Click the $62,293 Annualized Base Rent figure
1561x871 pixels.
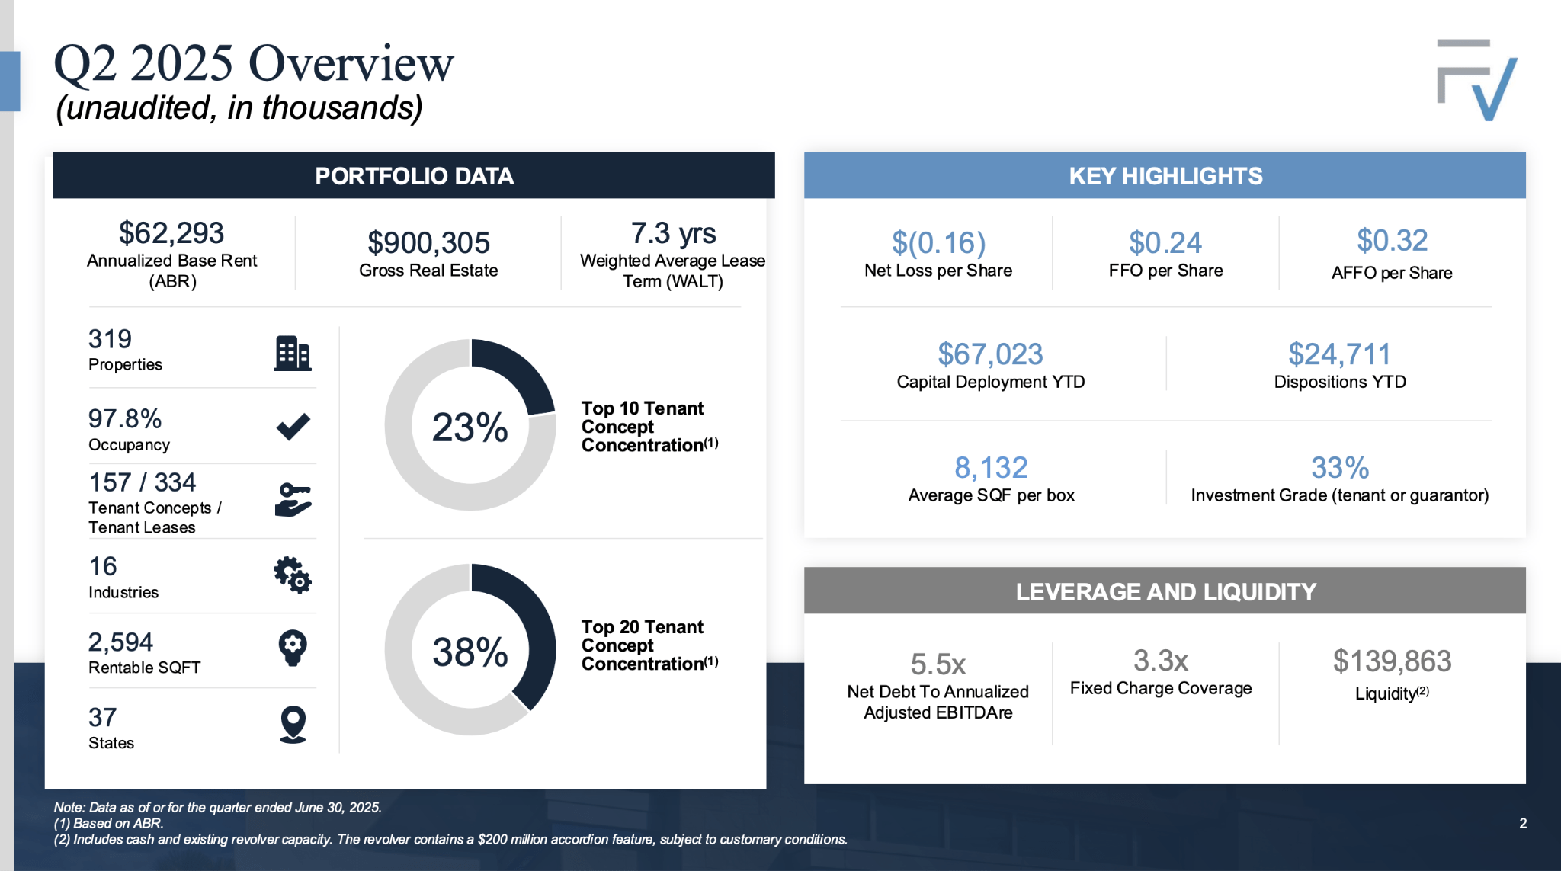click(x=171, y=233)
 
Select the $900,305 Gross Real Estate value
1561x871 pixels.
click(x=428, y=243)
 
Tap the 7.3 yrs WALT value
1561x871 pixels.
click(x=673, y=233)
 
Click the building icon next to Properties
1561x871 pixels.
click(x=293, y=354)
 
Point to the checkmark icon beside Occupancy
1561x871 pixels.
click(x=293, y=427)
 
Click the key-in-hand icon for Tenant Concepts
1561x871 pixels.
click(x=293, y=500)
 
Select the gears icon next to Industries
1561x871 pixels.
click(x=293, y=575)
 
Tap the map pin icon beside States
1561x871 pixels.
click(x=293, y=724)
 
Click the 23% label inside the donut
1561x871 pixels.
click(x=470, y=427)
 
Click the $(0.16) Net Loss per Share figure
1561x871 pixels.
click(x=938, y=243)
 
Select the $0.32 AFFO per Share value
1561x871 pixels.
click(x=1392, y=241)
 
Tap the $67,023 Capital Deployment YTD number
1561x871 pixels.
click(x=990, y=354)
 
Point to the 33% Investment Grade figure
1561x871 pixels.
click(x=1339, y=468)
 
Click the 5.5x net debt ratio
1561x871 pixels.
click(x=938, y=664)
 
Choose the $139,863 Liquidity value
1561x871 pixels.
click(x=1392, y=661)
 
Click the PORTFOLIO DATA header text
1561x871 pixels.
click(x=414, y=176)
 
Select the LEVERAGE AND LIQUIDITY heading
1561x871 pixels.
click(x=1165, y=592)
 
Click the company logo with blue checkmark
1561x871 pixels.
click(x=1476, y=80)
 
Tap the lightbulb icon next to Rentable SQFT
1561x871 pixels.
click(x=293, y=648)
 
